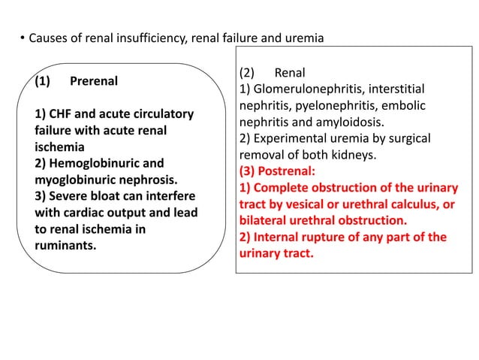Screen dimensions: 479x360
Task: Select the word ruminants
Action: (x=66, y=245)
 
